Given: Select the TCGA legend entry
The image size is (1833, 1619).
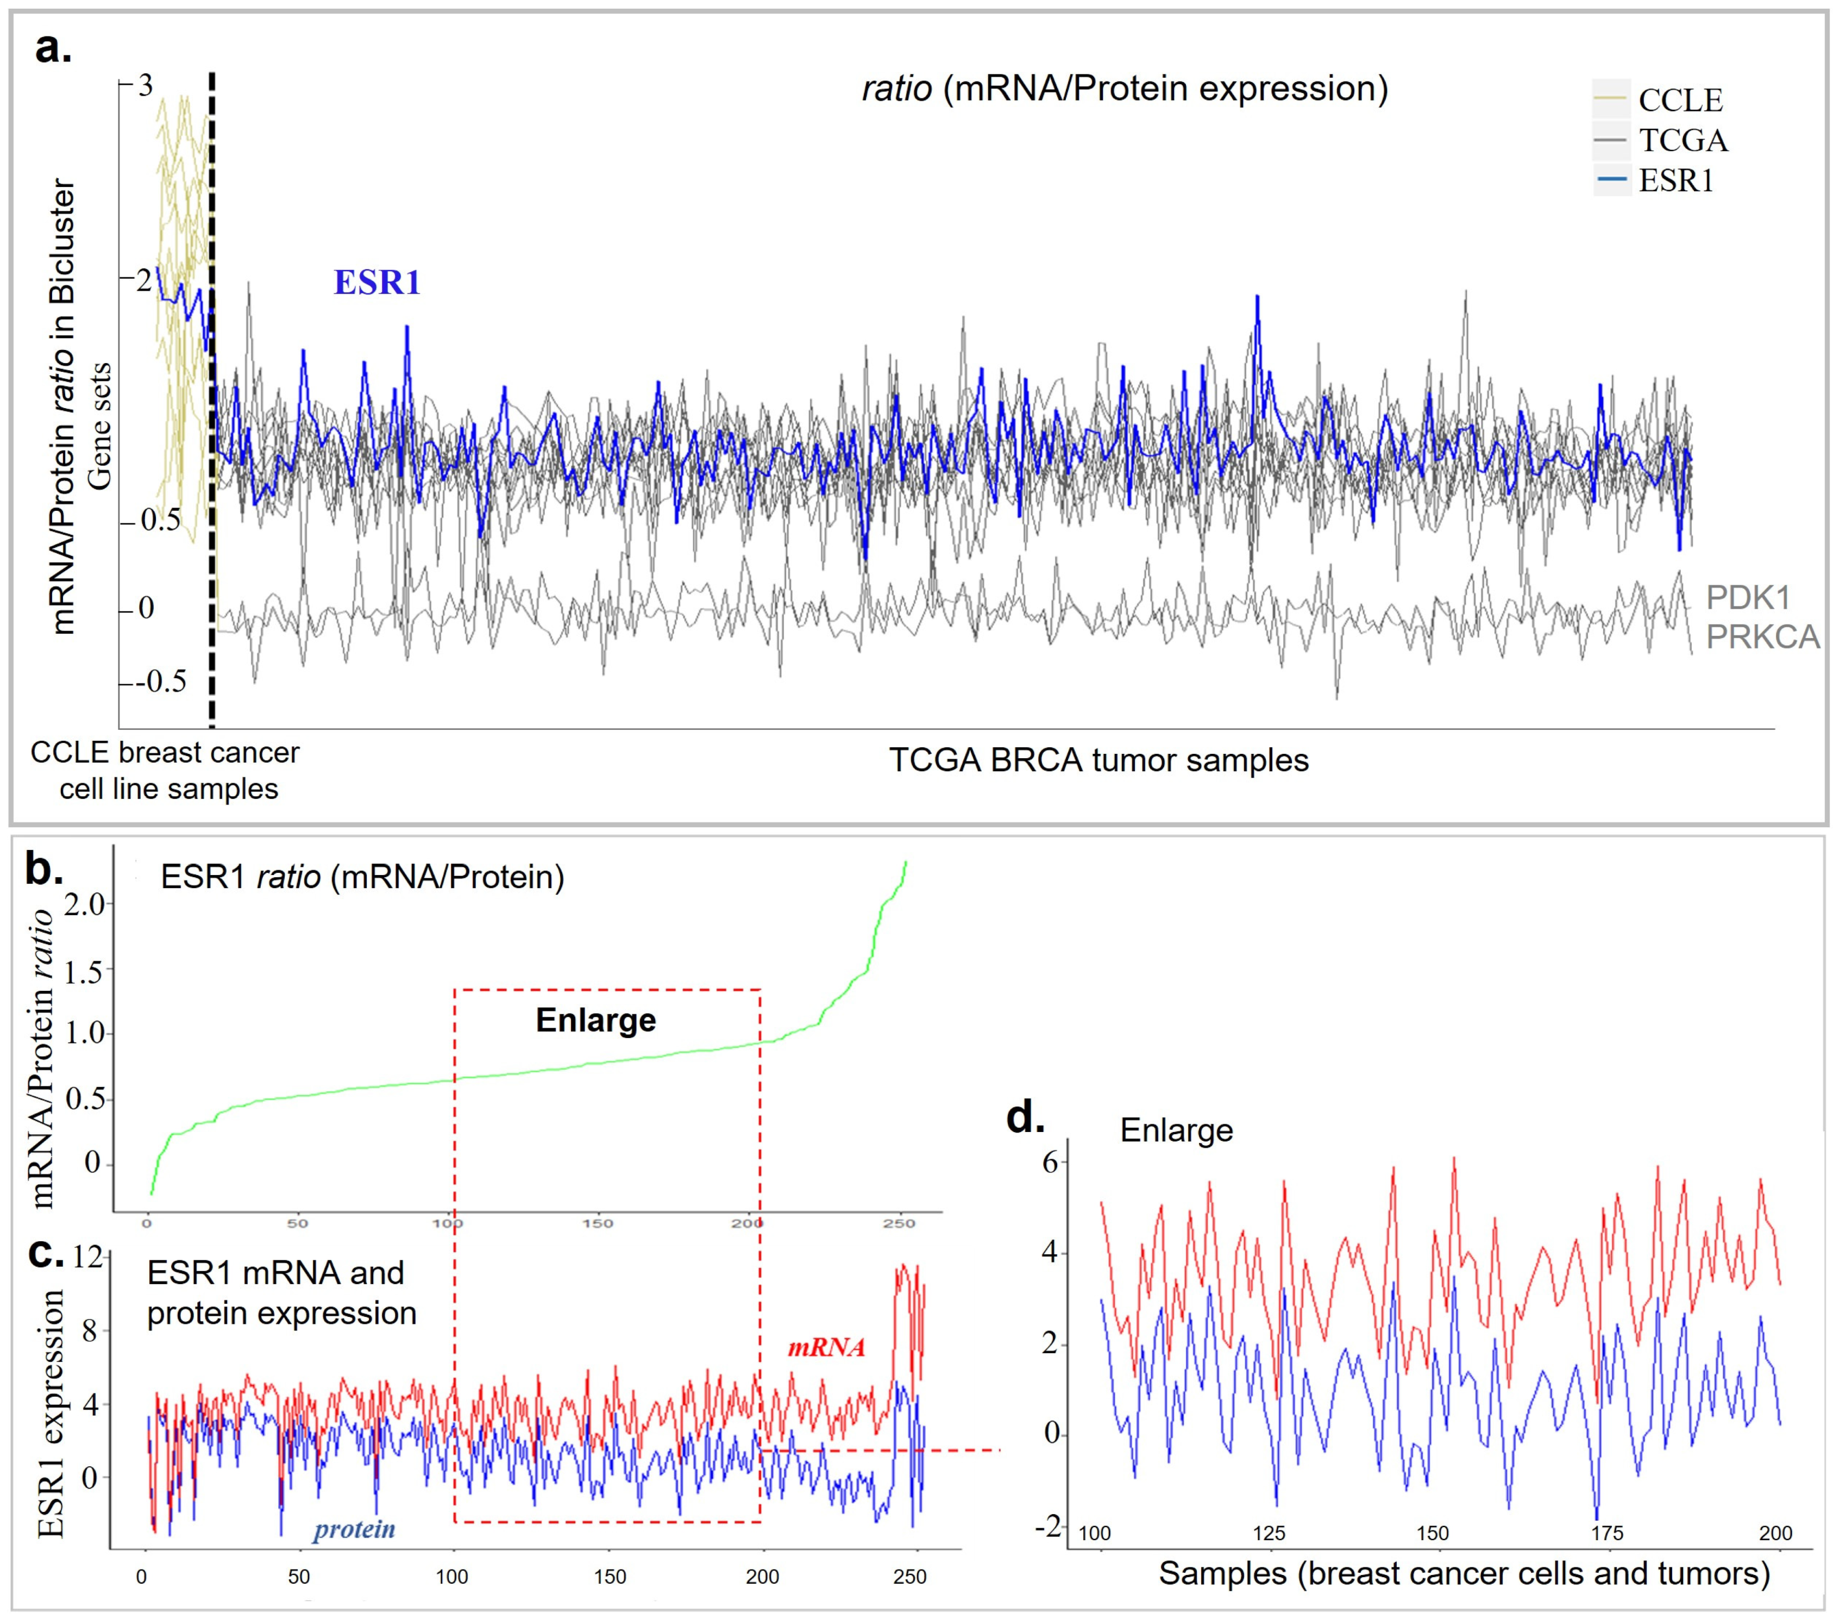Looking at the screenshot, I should coord(1683,141).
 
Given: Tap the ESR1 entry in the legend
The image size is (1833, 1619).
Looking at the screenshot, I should coord(1675,181).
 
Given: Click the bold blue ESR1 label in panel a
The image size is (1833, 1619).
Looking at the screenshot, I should coord(376,283).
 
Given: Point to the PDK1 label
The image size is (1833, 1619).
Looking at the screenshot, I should coord(1747,597).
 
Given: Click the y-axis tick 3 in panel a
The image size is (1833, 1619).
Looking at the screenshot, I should coord(145,86).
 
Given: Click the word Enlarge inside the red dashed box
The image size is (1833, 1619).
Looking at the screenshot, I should coord(595,1021).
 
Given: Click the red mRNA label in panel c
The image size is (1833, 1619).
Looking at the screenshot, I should coord(826,1347).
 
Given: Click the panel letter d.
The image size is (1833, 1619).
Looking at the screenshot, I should coord(1026,1117).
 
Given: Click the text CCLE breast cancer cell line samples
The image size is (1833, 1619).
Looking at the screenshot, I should coord(166,771).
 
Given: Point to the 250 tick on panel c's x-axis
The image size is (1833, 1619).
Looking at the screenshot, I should coord(909,1577).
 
